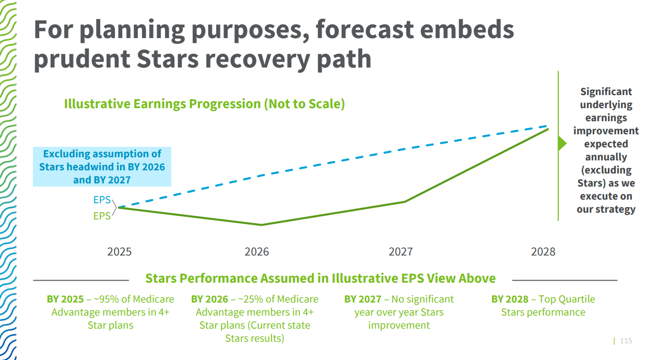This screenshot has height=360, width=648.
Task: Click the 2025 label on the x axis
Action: tap(120, 252)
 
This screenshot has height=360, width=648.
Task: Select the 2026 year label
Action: tap(257, 252)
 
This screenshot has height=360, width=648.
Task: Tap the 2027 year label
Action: tap(400, 252)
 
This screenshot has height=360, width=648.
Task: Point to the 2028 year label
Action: tap(544, 252)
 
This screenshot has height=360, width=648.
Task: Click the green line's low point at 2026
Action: tap(261, 225)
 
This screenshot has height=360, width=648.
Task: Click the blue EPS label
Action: tap(102, 200)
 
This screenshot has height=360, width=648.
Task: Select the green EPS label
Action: tap(102, 216)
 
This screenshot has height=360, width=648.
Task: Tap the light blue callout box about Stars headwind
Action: tap(102, 167)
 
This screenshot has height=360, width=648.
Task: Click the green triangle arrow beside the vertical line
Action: tap(562, 143)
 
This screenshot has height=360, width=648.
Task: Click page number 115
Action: tap(626, 341)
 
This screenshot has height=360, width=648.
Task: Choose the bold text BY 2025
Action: tap(65, 299)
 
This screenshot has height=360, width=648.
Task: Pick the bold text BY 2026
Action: tap(209, 299)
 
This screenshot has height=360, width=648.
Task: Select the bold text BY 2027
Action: tap(362, 299)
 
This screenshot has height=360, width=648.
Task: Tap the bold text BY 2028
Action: tap(510, 299)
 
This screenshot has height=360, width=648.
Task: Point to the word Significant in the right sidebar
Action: tap(606, 92)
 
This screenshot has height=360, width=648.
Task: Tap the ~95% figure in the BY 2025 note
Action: tap(107, 299)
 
